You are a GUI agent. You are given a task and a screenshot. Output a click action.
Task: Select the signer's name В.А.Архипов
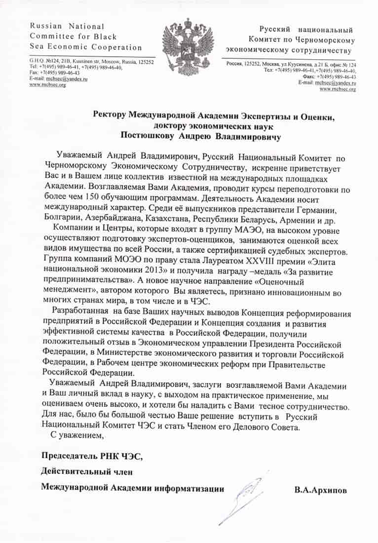[x=320, y=490]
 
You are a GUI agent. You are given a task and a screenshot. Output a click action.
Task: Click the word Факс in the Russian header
[x=305, y=77]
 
